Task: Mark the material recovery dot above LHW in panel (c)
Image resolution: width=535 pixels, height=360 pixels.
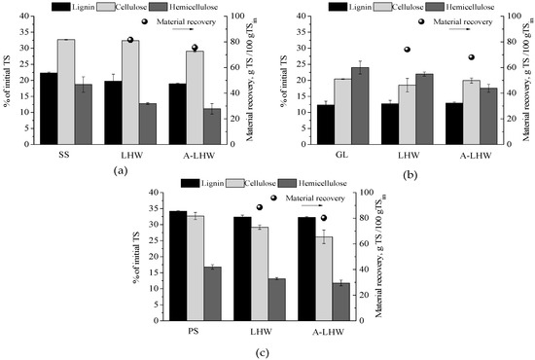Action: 260,207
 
